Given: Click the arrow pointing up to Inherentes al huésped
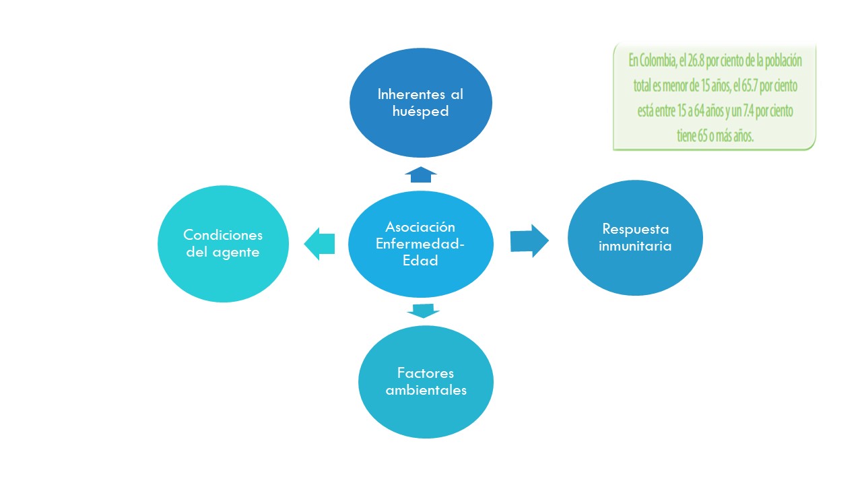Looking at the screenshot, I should tap(421, 174).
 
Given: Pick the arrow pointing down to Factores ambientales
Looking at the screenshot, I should tap(423, 311).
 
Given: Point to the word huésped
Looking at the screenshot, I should tap(420, 111).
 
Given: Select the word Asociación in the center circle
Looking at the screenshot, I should tap(420, 227).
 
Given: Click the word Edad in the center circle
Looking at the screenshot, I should tap(420, 261).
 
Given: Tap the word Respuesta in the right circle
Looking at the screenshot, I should tap(636, 229).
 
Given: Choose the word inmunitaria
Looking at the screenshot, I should tap(636, 246).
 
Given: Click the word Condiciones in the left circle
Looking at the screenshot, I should tap(223, 236).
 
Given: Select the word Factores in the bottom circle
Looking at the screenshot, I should tap(426, 373).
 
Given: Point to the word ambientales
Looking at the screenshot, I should tap(426, 390).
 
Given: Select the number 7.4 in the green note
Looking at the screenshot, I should tap(742, 110).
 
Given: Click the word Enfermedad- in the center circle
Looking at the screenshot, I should tap(420, 244).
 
